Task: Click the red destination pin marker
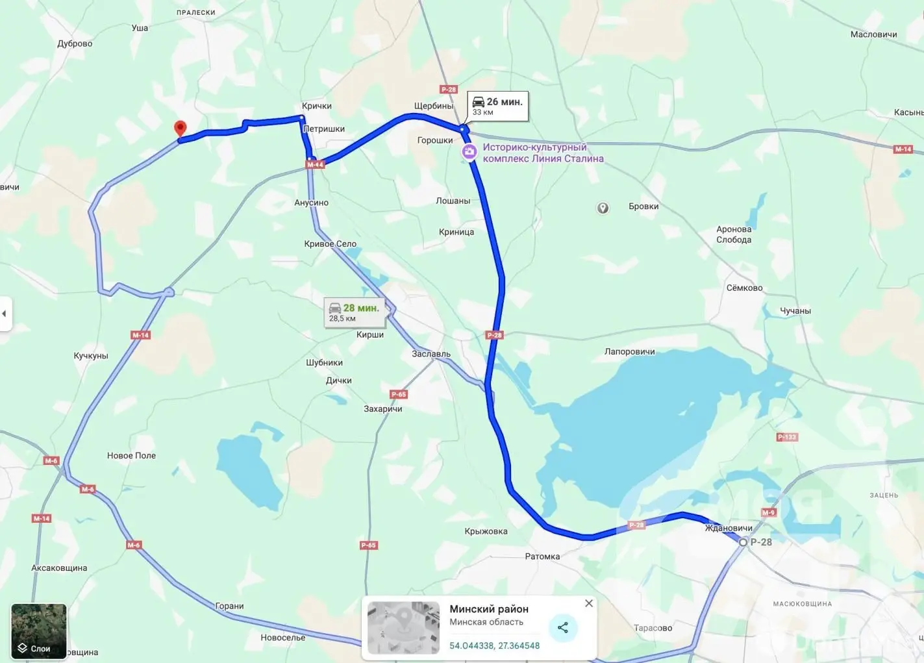(x=181, y=129)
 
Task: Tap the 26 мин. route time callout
(x=497, y=106)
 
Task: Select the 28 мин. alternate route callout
(x=355, y=312)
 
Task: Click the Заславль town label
(x=431, y=354)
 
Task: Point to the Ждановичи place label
(x=729, y=528)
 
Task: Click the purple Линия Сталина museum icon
(x=469, y=152)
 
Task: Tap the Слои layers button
(x=38, y=631)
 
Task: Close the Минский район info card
(x=588, y=603)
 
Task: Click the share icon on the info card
(x=562, y=627)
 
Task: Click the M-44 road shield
(x=315, y=164)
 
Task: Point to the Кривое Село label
(x=330, y=244)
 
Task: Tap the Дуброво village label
(x=75, y=44)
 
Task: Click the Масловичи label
(x=873, y=34)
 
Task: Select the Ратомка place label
(x=542, y=557)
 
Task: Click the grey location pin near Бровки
(x=603, y=208)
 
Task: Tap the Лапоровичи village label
(x=629, y=351)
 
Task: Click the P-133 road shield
(x=786, y=437)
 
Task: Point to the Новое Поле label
(x=131, y=456)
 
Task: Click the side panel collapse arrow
(x=5, y=314)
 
